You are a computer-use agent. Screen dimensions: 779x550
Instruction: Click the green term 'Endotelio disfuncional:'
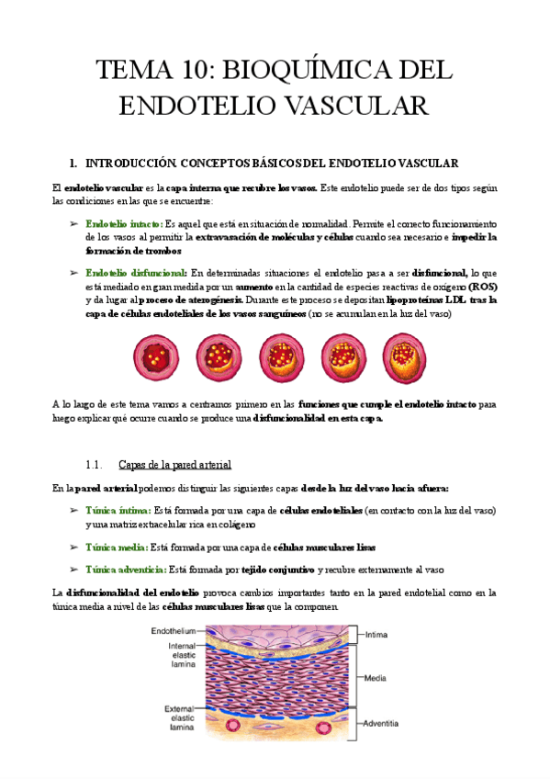[x=136, y=273]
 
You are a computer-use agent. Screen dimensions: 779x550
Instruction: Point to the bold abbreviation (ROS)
[x=482, y=287]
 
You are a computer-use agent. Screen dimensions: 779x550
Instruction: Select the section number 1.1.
[x=95, y=464]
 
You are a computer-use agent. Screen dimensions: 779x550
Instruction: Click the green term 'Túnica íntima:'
[x=118, y=510]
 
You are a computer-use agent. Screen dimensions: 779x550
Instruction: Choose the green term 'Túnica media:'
[x=116, y=548]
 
